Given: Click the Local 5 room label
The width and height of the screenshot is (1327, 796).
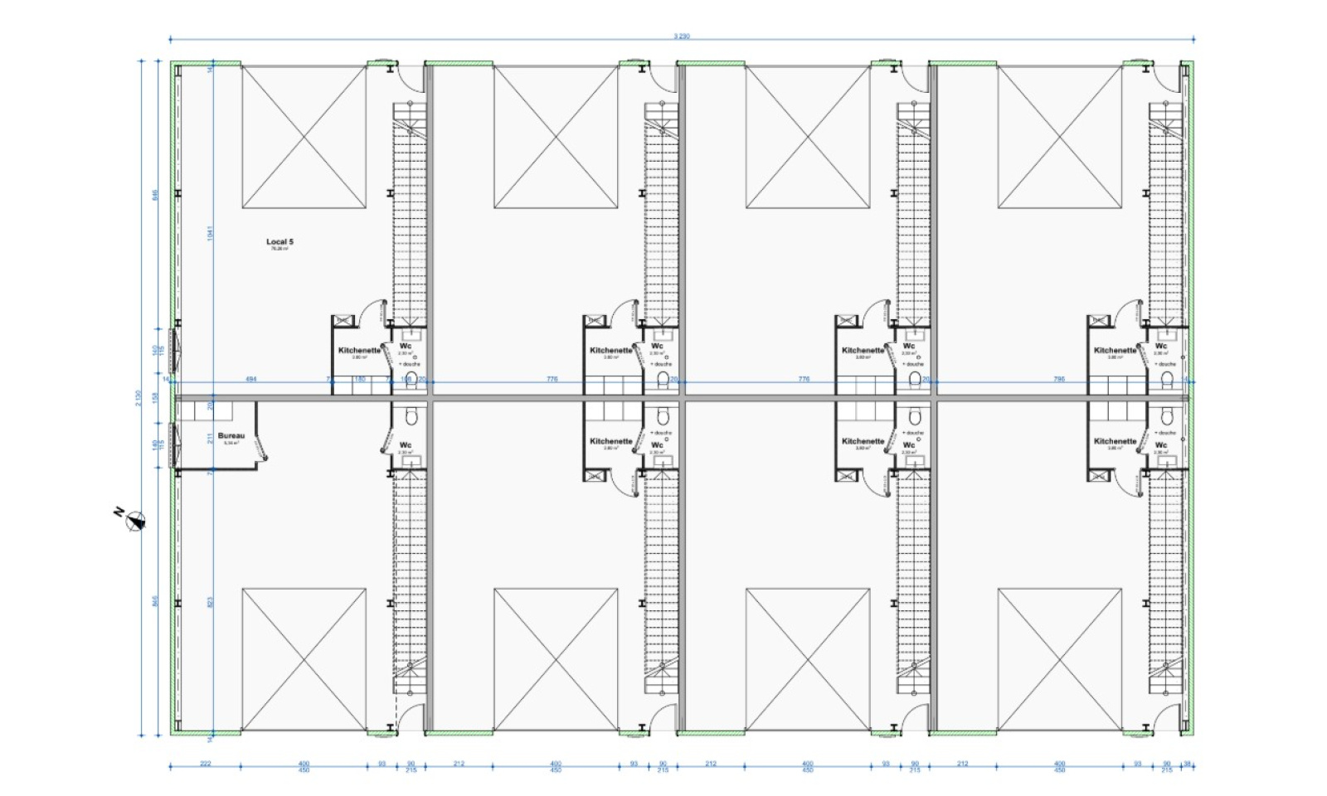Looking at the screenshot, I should [279, 242].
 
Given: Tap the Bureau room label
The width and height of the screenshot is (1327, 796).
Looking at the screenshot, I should [231, 435].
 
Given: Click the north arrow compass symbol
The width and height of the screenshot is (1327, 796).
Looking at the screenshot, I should [135, 521].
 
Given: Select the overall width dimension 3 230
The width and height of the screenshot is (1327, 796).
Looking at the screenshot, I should [682, 36].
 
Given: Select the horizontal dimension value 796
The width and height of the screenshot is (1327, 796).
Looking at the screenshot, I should [1058, 379].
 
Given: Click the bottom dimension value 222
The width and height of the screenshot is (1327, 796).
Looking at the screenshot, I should [206, 764].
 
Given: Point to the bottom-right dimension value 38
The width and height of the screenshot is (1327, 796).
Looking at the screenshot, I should [1188, 764].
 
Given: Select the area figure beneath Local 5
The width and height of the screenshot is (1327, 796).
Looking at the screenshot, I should [279, 249].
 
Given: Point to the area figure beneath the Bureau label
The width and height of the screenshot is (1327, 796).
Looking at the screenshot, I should [231, 444].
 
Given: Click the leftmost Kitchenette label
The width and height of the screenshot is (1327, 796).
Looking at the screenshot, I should [359, 350].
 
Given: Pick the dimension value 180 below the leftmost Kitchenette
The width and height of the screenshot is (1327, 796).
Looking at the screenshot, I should [359, 379].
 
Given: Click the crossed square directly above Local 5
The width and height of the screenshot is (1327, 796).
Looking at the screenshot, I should [304, 137].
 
